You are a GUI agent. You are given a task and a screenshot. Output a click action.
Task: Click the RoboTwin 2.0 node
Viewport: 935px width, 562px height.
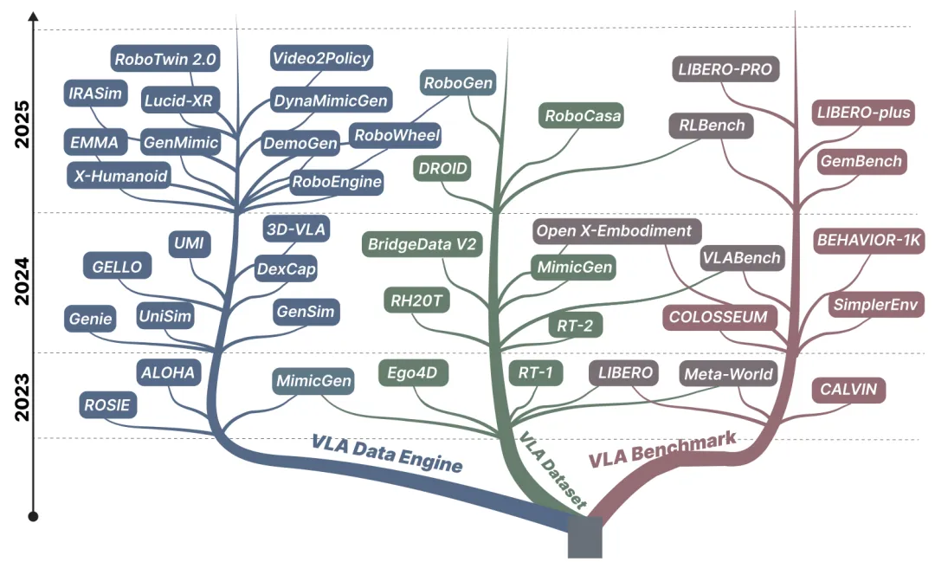tap(165, 59)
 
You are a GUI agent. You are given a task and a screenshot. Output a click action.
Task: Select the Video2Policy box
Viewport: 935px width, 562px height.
tap(321, 58)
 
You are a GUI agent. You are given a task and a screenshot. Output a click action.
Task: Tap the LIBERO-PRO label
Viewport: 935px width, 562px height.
tap(725, 69)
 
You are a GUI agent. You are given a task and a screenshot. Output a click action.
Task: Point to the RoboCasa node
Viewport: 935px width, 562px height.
tap(583, 116)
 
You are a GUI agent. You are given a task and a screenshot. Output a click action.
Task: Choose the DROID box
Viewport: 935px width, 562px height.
tap(442, 168)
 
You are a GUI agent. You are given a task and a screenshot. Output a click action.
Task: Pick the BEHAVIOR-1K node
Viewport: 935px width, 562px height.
tap(869, 241)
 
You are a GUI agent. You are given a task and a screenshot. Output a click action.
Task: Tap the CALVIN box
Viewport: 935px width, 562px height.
tap(848, 390)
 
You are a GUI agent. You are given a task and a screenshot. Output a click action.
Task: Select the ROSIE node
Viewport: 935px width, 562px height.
tap(107, 405)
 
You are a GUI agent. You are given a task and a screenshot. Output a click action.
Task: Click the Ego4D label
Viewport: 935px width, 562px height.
tap(413, 373)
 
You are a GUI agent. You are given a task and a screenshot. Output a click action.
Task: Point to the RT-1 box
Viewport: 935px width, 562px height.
tap(536, 373)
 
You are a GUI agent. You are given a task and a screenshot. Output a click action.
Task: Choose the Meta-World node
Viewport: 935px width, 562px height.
tap(728, 374)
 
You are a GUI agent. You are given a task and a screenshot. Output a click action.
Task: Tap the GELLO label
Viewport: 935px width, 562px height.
tap(117, 267)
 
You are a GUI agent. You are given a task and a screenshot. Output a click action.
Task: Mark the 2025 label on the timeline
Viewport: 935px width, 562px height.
tap(22, 124)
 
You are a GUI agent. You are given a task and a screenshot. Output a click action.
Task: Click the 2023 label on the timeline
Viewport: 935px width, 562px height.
tap(22, 397)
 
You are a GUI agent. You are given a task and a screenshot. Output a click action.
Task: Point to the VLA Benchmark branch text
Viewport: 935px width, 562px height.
tap(663, 449)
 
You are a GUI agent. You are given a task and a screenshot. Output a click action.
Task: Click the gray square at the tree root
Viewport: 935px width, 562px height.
tap(585, 538)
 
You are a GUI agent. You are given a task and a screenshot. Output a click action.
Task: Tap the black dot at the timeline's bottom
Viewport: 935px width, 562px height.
tap(34, 517)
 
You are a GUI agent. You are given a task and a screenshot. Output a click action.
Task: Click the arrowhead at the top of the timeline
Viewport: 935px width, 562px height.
tap(34, 16)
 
